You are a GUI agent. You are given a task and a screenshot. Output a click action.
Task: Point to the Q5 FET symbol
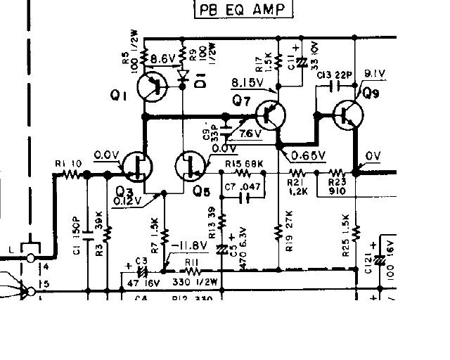click(190, 167)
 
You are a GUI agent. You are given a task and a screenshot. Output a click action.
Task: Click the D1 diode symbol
click(184, 75)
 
